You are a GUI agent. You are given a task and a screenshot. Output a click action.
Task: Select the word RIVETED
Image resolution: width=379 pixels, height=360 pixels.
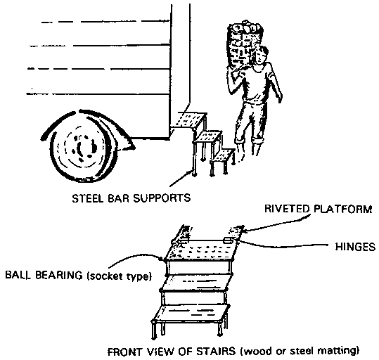click(287, 209)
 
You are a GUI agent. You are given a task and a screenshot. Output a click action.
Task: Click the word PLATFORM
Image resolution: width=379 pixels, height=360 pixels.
click(343, 209)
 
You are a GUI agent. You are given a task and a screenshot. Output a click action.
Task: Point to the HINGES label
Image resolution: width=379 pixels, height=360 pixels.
click(355, 247)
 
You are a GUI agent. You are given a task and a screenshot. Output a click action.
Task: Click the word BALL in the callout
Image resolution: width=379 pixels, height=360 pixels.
click(18, 275)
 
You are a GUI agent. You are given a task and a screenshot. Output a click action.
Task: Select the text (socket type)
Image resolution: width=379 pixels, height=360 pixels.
click(119, 276)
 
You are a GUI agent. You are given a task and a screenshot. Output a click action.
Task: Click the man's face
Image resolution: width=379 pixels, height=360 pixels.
click(260, 56)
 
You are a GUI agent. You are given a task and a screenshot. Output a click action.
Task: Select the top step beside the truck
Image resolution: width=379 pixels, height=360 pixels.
click(191, 120)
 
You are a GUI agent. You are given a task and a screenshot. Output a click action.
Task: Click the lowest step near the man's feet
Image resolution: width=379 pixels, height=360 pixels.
click(223, 155)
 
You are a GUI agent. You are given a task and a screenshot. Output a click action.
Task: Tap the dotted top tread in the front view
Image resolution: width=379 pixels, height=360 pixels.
click(201, 250)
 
